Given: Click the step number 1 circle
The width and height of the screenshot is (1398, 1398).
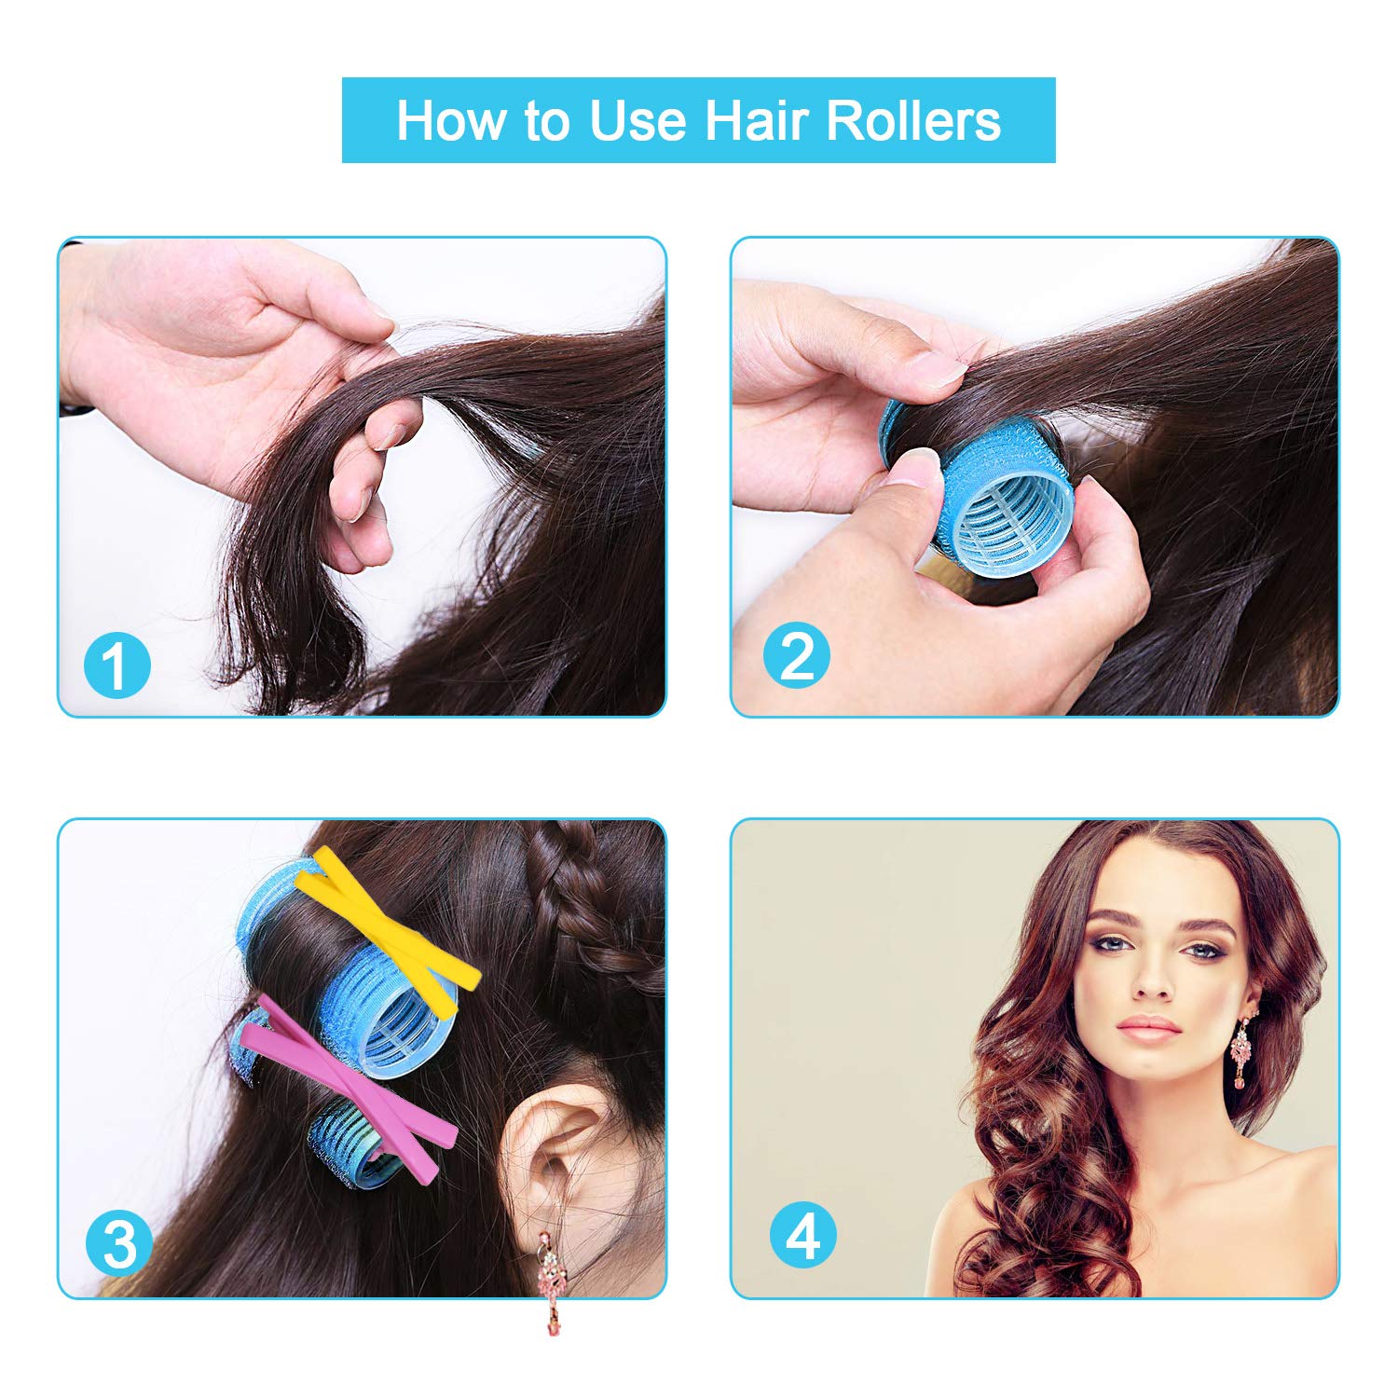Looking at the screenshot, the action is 116,665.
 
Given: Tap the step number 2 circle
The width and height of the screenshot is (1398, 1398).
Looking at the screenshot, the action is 797,655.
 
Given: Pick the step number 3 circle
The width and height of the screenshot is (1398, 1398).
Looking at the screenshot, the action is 119,1244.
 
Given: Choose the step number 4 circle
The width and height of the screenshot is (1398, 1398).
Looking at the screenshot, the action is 802,1237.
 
